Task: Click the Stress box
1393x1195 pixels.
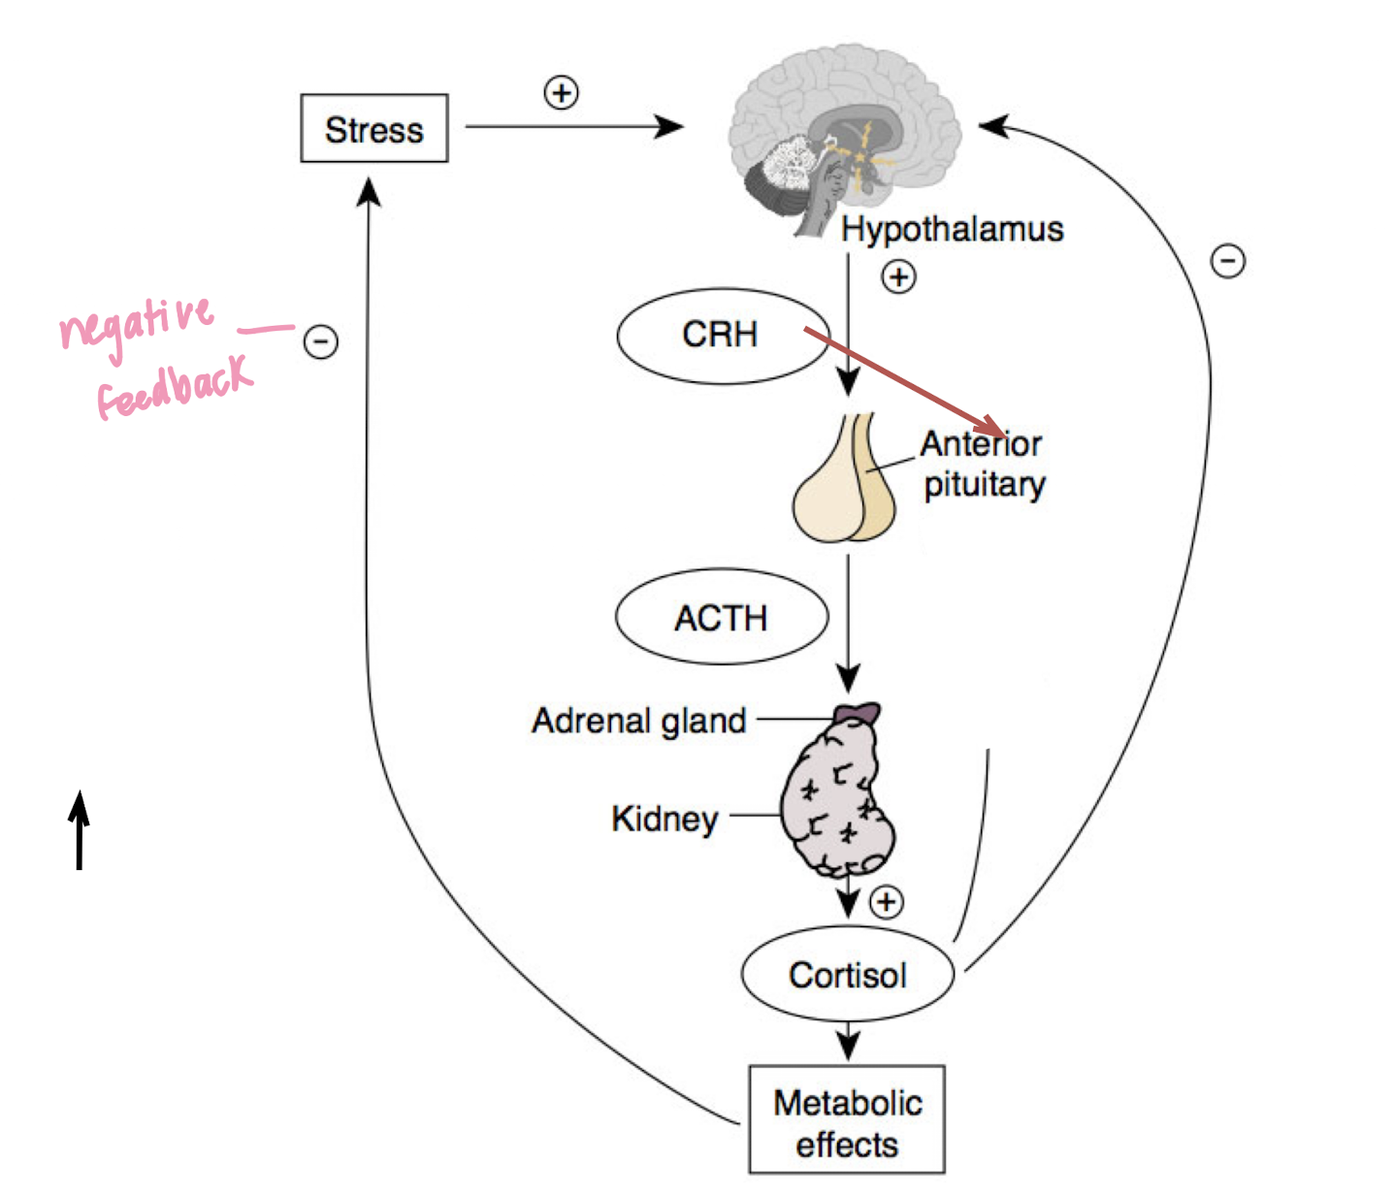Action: pyautogui.click(x=373, y=128)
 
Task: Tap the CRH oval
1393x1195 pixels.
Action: pyautogui.click(x=722, y=336)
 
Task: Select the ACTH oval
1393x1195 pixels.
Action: pyautogui.click(x=722, y=617)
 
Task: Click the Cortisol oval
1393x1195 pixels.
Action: pyautogui.click(x=847, y=975)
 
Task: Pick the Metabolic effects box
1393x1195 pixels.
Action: pyautogui.click(x=847, y=1121)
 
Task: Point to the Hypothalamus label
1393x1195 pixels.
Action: pyautogui.click(x=952, y=230)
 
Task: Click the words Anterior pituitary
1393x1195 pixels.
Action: pyautogui.click(x=983, y=464)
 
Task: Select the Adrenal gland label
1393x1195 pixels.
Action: pyautogui.click(x=639, y=721)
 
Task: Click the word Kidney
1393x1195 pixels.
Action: pyautogui.click(x=664, y=819)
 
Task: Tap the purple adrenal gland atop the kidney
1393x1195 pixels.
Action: pyautogui.click(x=858, y=713)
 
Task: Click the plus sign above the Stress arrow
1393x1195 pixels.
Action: pyautogui.click(x=561, y=93)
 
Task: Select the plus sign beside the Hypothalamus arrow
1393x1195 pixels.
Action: pyautogui.click(x=898, y=277)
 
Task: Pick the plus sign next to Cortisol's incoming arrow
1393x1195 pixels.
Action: pyautogui.click(x=886, y=902)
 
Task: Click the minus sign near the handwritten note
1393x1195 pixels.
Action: pyautogui.click(x=321, y=341)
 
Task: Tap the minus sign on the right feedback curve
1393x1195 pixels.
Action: pyautogui.click(x=1228, y=261)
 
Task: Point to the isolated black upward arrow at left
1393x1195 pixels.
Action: pyautogui.click(x=80, y=830)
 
